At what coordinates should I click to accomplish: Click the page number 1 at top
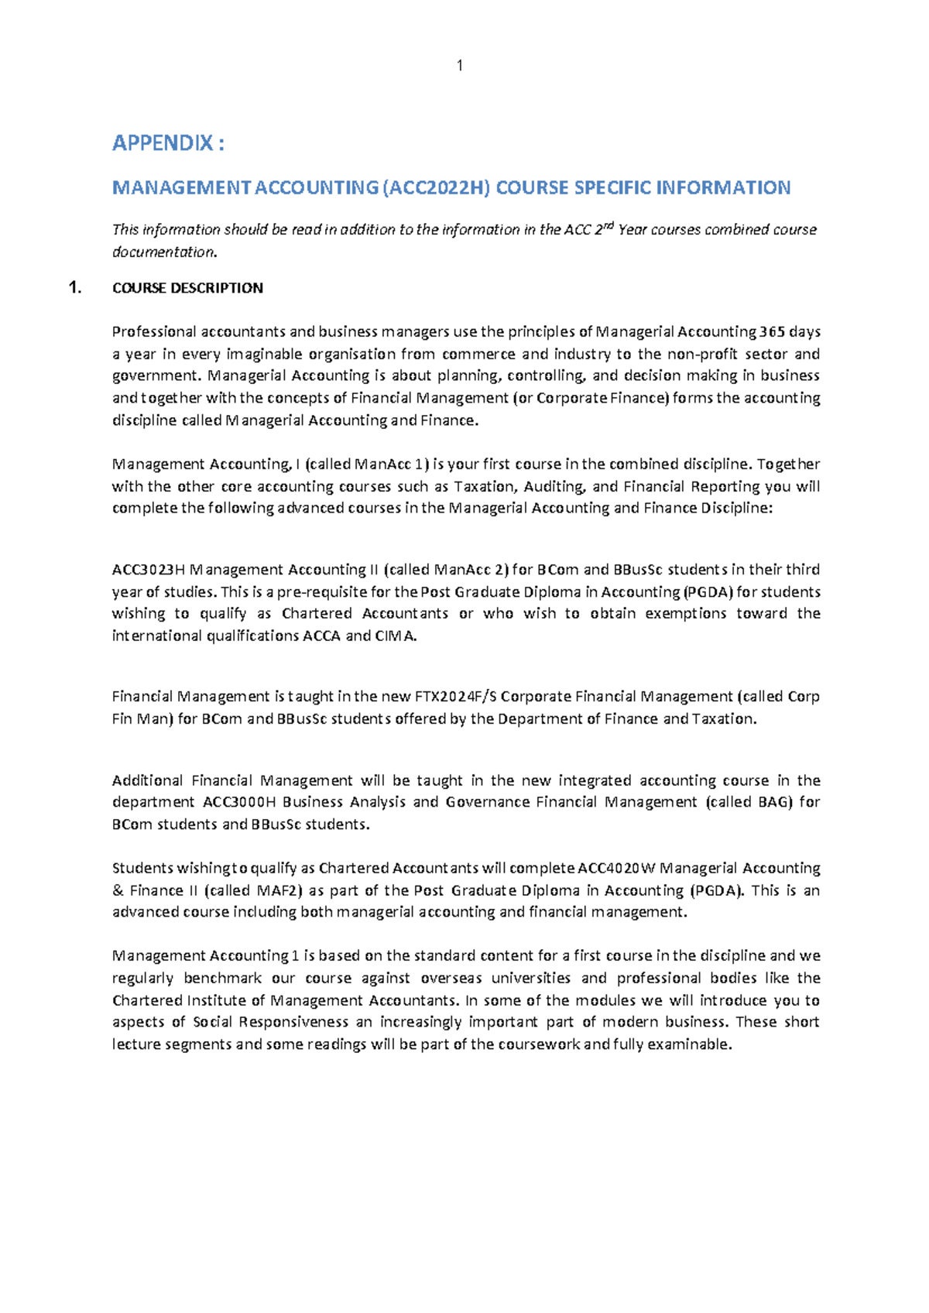point(460,67)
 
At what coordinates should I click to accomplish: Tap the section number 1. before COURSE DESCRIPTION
point(74,288)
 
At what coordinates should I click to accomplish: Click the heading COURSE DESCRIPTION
point(187,288)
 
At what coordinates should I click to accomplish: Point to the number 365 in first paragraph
point(770,331)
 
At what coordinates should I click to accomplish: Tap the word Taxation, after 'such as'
point(485,487)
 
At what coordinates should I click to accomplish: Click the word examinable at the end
point(689,1044)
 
